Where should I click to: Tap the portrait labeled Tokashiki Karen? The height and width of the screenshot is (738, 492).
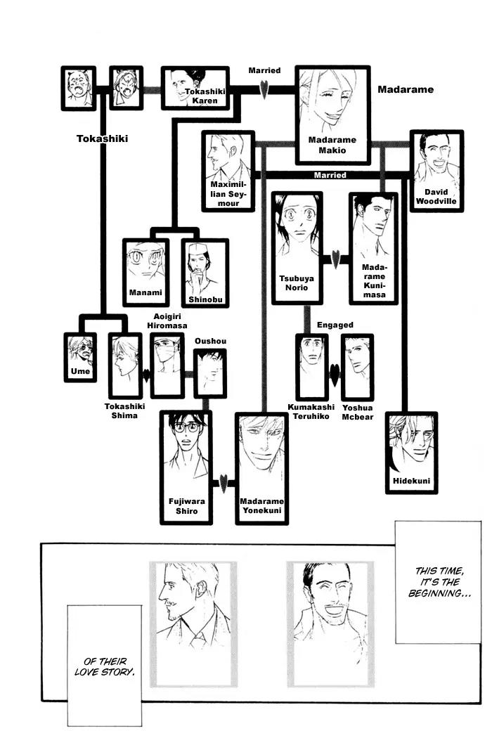pyautogui.click(x=195, y=88)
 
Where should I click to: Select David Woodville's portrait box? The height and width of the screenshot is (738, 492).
pyautogui.click(x=436, y=170)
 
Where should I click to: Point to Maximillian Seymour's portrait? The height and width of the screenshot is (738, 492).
pyautogui.click(x=228, y=169)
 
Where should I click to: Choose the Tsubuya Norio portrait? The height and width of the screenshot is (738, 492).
pyautogui.click(x=297, y=247)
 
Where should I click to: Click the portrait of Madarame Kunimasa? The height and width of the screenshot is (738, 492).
pyautogui.click(x=373, y=247)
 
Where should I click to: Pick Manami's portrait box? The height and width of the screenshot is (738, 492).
pyautogui.click(x=145, y=273)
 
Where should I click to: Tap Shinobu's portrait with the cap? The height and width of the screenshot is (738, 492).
pyautogui.click(x=205, y=273)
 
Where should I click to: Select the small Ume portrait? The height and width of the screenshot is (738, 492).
pyautogui.click(x=80, y=356)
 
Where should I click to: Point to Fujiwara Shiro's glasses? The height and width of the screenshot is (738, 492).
pyautogui.click(x=185, y=425)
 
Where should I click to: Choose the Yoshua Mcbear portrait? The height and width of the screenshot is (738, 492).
pyautogui.click(x=357, y=367)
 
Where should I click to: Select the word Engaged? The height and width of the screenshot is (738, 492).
pyautogui.click(x=335, y=325)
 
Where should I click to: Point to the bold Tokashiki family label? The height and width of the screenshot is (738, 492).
pyautogui.click(x=102, y=138)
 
